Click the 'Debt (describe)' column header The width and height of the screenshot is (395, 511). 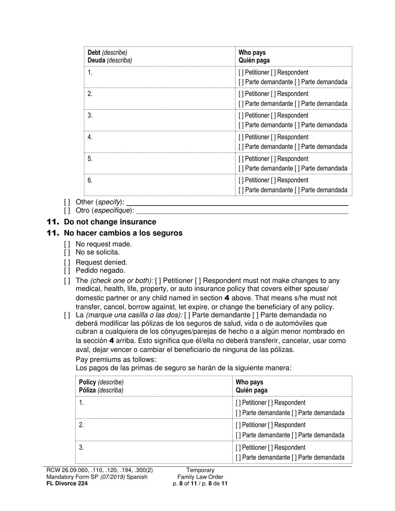coord(107,53)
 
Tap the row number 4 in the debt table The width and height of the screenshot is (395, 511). coord(90,137)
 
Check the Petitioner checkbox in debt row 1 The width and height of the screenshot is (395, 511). coord(241,73)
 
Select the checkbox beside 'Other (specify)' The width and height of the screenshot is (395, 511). coord(67,202)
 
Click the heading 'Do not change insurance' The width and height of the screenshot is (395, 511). coord(110,222)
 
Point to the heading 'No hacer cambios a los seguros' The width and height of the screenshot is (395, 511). coord(123,233)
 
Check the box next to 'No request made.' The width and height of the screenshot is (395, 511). coord(67,244)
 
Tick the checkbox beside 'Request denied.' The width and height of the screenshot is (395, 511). coord(67,263)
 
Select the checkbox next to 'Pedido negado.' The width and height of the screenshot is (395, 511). coord(67,271)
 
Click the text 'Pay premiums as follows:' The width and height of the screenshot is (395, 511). coord(116,359)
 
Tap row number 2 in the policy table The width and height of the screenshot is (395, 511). coord(81,425)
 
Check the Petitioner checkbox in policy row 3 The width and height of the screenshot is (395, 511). coord(238,448)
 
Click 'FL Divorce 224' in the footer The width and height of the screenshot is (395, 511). coord(67,483)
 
